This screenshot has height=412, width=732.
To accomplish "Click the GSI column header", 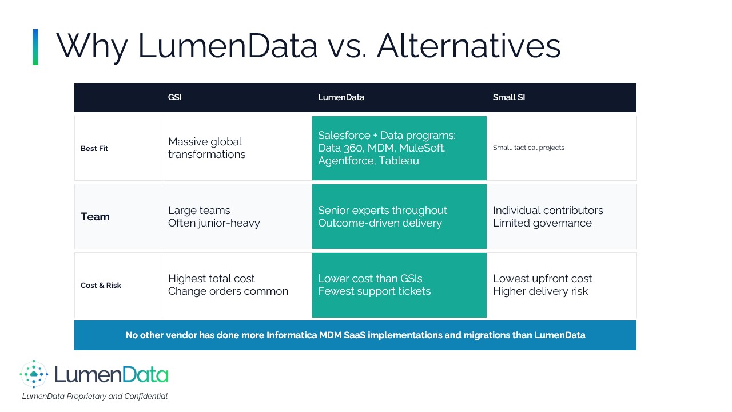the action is pyautogui.click(x=175, y=97).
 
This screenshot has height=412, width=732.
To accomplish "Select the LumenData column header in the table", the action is pyautogui.click(x=341, y=97).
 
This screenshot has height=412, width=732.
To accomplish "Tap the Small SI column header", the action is pyautogui.click(x=509, y=97).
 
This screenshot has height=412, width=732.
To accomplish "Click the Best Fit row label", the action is pyautogui.click(x=94, y=148).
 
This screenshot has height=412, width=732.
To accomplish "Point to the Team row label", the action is pyautogui.click(x=95, y=216).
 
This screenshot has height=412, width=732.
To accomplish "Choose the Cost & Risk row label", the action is pyautogui.click(x=101, y=285).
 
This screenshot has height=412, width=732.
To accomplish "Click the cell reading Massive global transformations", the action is pyautogui.click(x=206, y=148).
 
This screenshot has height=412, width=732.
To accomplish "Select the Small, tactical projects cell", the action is pyautogui.click(x=529, y=148).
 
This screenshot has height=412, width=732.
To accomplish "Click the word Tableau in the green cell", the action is pyautogui.click(x=399, y=161).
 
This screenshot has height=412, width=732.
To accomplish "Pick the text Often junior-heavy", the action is pyautogui.click(x=214, y=223).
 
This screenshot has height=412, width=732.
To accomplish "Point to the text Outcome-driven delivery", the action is pyautogui.click(x=380, y=223).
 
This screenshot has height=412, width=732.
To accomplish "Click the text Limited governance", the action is pyautogui.click(x=542, y=223).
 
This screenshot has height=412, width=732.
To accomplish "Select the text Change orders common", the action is pyautogui.click(x=228, y=291).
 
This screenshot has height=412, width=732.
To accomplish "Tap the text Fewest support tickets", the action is pyautogui.click(x=375, y=291).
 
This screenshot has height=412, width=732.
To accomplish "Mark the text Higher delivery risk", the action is pyautogui.click(x=540, y=291).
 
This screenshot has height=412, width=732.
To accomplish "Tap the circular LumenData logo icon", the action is pyautogui.click(x=34, y=374).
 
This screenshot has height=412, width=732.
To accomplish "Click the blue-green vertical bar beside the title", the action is pyautogui.click(x=35, y=47).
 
